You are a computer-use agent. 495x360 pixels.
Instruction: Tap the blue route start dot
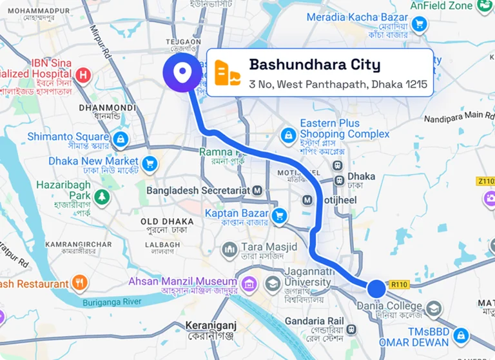point(376,288)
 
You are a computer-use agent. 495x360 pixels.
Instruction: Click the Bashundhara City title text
point(315,65)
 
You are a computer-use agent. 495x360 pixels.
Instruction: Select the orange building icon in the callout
point(228,73)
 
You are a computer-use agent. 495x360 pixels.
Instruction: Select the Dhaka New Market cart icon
point(150,163)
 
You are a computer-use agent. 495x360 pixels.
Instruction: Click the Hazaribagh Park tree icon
point(101,195)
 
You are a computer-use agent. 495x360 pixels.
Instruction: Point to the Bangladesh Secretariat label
point(198,190)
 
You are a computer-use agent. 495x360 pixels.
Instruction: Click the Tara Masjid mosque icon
point(229,249)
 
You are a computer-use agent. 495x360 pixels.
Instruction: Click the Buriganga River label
point(113,301)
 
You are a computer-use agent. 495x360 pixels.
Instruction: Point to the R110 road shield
point(399,284)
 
